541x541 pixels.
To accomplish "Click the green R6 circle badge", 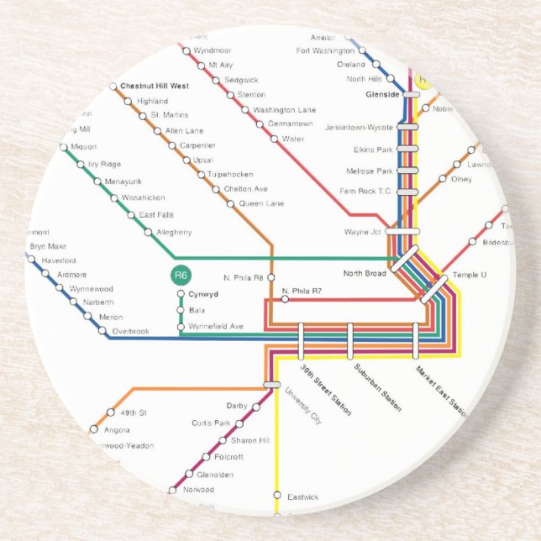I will [x=181, y=275].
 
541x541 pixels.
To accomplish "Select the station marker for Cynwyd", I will [x=181, y=295].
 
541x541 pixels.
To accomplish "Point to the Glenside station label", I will [x=382, y=95].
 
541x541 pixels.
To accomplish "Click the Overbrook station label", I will [x=132, y=332].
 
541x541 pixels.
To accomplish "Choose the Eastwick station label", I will [x=303, y=496].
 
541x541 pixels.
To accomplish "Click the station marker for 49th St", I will [x=110, y=412].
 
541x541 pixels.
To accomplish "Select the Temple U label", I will [x=470, y=276].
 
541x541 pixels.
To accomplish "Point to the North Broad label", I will [x=365, y=274].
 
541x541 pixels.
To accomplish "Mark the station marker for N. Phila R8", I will [x=270, y=277].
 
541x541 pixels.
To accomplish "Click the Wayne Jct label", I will [x=363, y=232].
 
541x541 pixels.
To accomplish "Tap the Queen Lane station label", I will [x=261, y=204].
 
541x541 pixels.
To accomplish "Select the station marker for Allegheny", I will [x=149, y=232].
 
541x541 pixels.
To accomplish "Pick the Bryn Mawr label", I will [x=48, y=246].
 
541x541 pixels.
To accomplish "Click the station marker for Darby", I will [x=256, y=407].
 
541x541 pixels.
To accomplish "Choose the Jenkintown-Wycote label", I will [x=364, y=127].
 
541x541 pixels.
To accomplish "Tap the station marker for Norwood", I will [x=174, y=490].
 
